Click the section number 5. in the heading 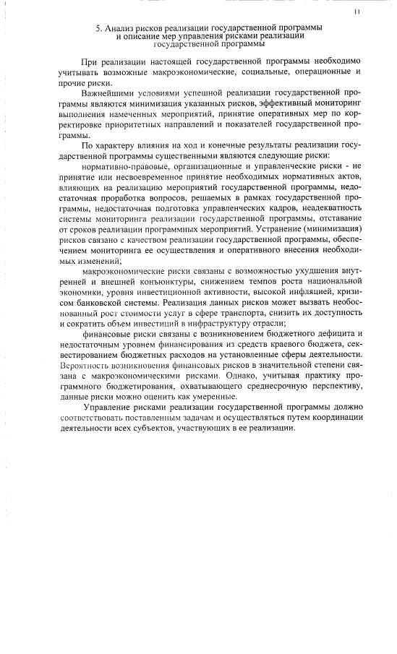point(99,27)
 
